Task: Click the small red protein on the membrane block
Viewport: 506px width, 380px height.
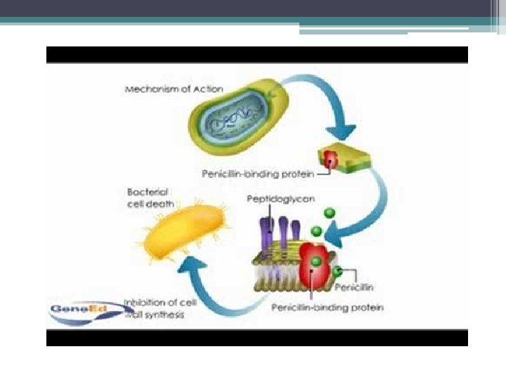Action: coord(330,158)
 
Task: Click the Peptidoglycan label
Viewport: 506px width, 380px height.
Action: coord(280,199)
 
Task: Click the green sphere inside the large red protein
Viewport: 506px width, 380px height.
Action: coord(317,261)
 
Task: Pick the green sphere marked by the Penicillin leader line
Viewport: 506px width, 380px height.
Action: coord(338,270)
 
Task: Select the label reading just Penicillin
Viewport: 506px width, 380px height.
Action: coord(355,287)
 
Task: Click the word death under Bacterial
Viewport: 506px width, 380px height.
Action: coord(162,204)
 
